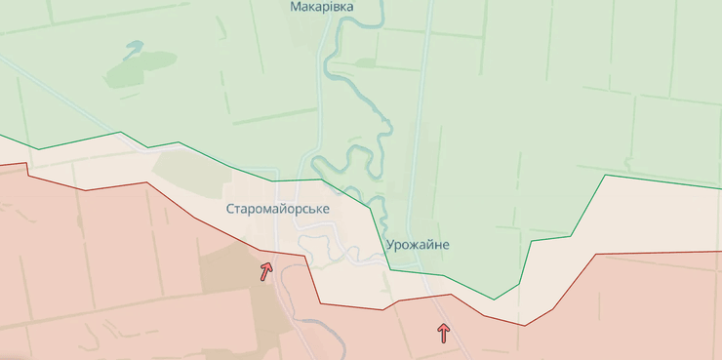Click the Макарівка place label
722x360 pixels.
[x=322, y=7]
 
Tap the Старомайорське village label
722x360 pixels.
[x=278, y=209]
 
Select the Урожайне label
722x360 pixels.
[x=418, y=244]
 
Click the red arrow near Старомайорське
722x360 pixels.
[x=265, y=270]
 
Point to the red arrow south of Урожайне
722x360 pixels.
[x=444, y=333]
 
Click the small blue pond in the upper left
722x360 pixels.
[x=134, y=45]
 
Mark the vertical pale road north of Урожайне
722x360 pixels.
[x=421, y=117]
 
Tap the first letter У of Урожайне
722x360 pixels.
[x=390, y=244]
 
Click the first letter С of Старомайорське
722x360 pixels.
[x=230, y=209]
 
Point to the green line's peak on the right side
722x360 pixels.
[x=606, y=175]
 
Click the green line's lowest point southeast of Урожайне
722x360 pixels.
[x=494, y=299]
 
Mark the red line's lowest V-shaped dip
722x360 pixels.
[x=524, y=325]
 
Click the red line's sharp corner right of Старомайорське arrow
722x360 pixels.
[x=306, y=257]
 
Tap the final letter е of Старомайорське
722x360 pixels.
[x=326, y=209]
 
